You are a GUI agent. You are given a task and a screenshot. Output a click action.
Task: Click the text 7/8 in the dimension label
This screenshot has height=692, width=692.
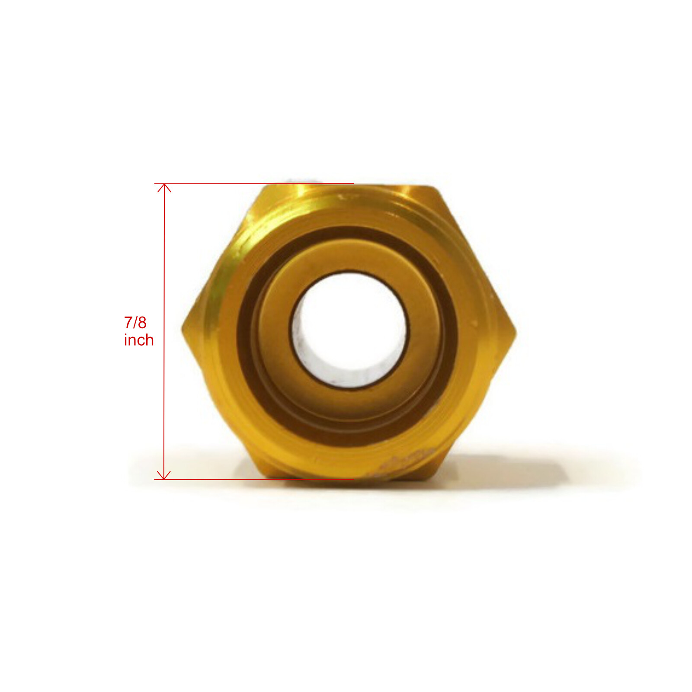(135, 323)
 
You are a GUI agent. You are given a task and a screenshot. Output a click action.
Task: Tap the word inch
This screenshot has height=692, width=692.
(139, 340)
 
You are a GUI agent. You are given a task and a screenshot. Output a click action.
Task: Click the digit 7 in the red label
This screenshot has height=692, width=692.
(128, 323)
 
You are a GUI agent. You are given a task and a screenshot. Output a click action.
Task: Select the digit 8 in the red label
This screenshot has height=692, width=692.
(142, 323)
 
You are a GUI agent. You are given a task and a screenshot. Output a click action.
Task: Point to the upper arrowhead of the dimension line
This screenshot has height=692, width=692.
(164, 188)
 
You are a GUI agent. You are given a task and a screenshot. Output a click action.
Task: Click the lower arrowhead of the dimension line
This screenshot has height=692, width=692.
(164, 475)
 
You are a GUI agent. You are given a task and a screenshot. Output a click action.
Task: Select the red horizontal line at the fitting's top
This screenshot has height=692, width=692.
(254, 184)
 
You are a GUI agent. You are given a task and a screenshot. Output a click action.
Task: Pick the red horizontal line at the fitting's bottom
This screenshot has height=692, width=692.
(254, 479)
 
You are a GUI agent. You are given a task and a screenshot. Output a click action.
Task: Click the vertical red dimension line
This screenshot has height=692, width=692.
(164, 331)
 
